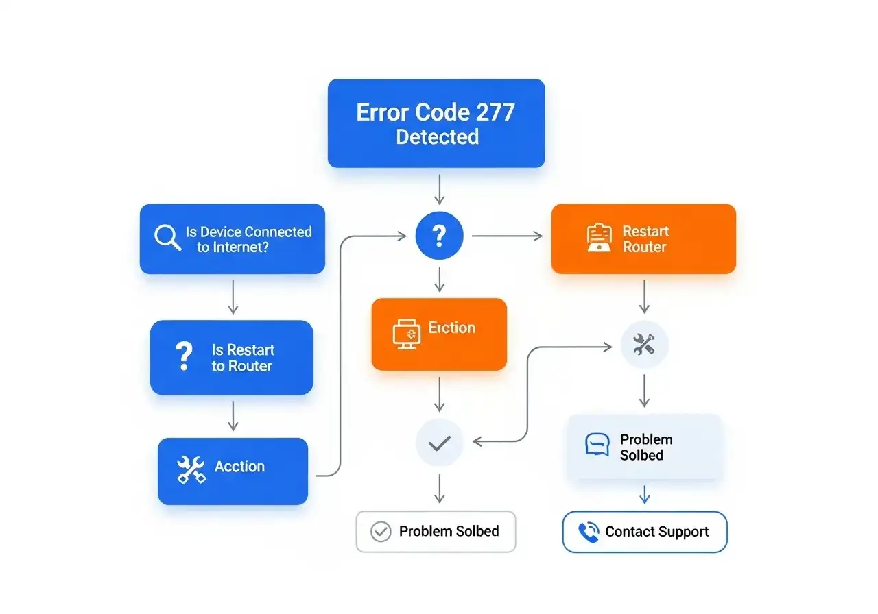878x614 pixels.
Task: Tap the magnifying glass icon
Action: pos(167,237)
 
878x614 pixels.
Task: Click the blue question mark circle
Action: pos(440,236)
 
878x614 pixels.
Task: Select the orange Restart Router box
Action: pos(643,239)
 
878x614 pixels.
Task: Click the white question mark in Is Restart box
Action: pos(184,357)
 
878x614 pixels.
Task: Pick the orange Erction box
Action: pos(439,334)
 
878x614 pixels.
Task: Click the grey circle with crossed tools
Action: pos(644,345)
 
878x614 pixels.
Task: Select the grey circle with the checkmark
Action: pos(440,443)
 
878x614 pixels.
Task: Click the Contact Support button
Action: pos(644,532)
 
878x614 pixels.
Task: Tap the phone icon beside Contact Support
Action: pos(588,532)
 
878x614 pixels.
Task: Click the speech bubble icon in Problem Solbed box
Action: pos(597,445)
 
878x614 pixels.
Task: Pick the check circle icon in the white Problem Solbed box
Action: pos(380,532)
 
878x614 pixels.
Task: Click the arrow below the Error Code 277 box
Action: pos(440,190)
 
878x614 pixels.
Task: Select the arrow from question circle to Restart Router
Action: pos(507,236)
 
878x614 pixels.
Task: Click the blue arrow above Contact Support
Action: pos(644,495)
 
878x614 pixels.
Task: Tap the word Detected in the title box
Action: pos(437,136)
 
